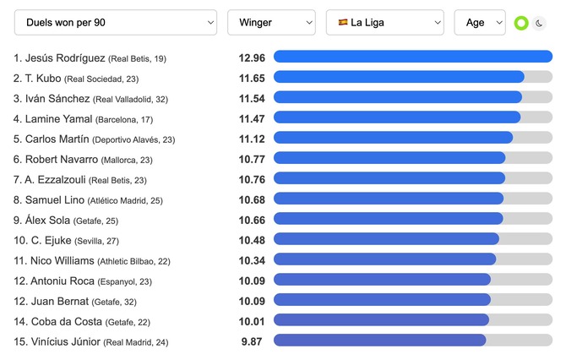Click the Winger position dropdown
270,23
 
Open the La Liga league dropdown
384,23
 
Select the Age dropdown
479,23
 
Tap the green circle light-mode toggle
521,24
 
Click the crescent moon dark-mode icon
539,24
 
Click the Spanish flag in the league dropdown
343,23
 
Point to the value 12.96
252,58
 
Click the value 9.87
253,341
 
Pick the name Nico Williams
62,260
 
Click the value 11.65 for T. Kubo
252,79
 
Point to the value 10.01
252,321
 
